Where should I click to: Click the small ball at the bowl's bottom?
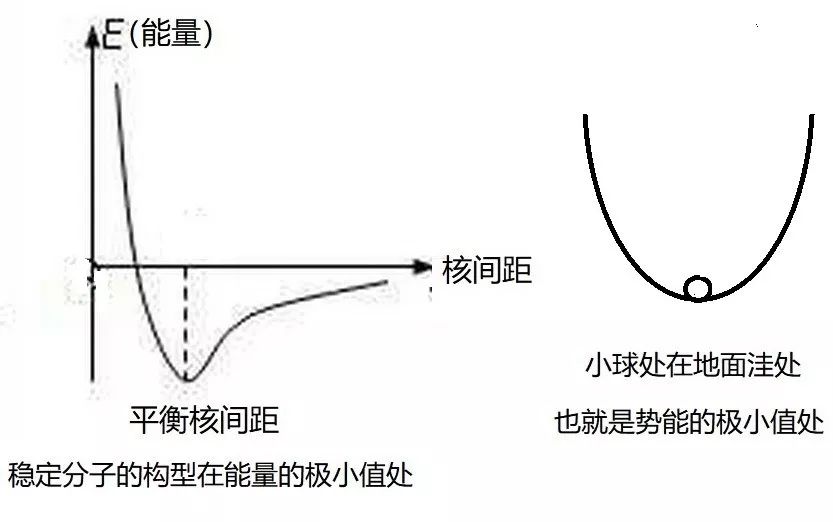click(x=698, y=288)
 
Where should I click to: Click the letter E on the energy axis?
click(x=114, y=37)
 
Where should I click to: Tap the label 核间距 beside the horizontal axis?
click(x=487, y=268)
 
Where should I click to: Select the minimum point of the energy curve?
click(x=186, y=380)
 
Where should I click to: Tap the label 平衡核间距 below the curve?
click(x=204, y=420)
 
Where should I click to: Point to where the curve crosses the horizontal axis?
click(x=135, y=267)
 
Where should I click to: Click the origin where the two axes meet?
click(x=93, y=267)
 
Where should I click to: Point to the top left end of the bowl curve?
click(x=585, y=117)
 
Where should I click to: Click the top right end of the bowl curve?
click(x=807, y=117)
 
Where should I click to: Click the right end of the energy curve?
click(x=386, y=282)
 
